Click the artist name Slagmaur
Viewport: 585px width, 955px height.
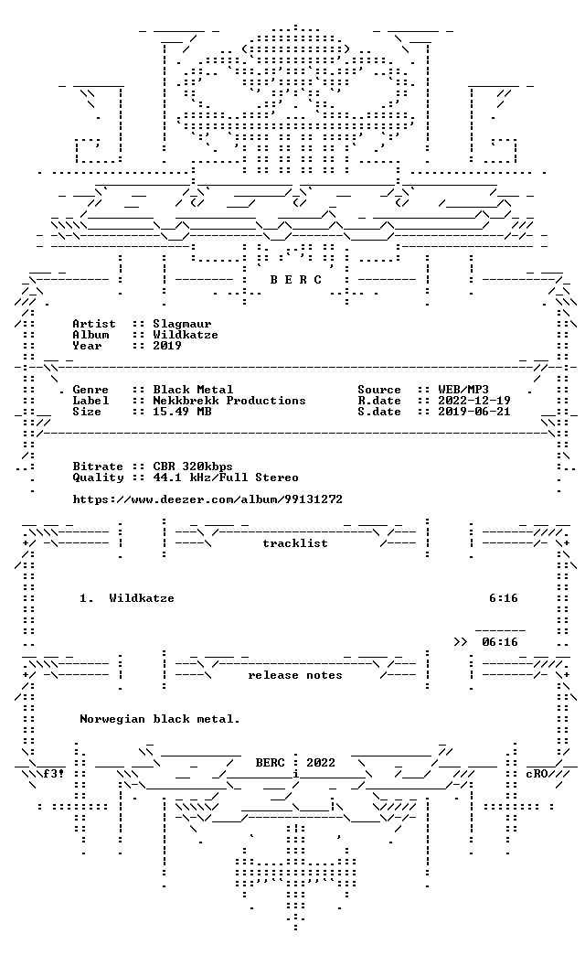click(182, 324)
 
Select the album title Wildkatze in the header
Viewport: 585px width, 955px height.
click(185, 335)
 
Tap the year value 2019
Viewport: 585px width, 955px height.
click(166, 346)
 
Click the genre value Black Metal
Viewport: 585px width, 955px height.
click(193, 390)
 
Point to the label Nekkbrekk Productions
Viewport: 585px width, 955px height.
click(229, 401)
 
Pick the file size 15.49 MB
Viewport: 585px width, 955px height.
click(182, 412)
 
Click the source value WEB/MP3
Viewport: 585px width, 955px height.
click(463, 390)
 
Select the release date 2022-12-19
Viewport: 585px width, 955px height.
click(474, 401)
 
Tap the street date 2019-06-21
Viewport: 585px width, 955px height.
click(474, 412)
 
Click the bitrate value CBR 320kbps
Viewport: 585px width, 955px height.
click(192, 467)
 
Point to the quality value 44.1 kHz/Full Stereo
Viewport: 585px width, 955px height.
click(226, 478)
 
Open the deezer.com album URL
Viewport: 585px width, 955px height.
click(207, 500)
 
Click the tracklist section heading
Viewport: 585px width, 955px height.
click(295, 543)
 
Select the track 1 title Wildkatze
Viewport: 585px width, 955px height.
click(142, 598)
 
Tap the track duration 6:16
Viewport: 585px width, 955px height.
click(504, 598)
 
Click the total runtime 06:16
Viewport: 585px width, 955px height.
click(500, 642)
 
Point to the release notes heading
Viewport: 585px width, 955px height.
click(295, 675)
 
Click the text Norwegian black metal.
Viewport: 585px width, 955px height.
click(160, 719)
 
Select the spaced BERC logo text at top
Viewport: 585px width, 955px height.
click(296, 280)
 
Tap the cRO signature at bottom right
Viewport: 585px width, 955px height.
click(537, 774)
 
